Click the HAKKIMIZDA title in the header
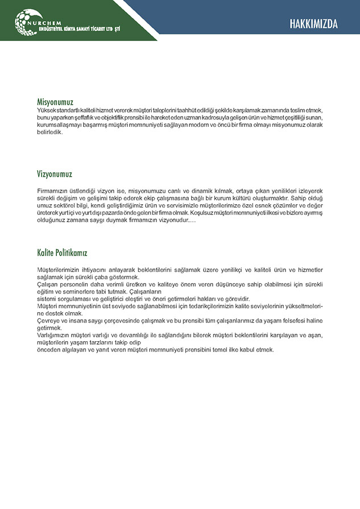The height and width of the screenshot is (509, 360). [x=313, y=24]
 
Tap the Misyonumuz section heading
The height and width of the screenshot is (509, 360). [x=55, y=102]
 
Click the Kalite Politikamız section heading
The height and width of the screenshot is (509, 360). [x=62, y=252]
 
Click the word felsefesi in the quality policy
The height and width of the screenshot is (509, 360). [x=274, y=321]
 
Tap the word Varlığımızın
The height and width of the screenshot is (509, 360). [x=56, y=336]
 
